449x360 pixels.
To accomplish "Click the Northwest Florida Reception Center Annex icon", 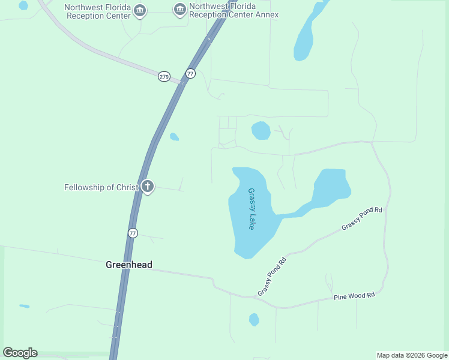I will [x=179, y=10].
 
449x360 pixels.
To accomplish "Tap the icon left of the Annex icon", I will [x=140, y=10].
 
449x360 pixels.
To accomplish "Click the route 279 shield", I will [x=164, y=76].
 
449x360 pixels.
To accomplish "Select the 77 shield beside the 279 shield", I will [x=190, y=73].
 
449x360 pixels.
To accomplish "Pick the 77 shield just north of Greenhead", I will [x=133, y=233].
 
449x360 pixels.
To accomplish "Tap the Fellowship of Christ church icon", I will [x=148, y=187].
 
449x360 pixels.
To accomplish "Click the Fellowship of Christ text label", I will [x=101, y=187].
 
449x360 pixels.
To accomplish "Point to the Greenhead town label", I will [x=129, y=265].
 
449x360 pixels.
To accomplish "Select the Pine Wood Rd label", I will [x=354, y=296].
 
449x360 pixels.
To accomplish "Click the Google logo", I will [x=20, y=353].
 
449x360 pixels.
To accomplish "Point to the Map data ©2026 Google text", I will [x=412, y=355].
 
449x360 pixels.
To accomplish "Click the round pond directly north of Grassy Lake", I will [x=261, y=130].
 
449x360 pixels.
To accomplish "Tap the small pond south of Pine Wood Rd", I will [x=254, y=319].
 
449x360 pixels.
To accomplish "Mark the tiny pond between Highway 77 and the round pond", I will [x=174, y=137].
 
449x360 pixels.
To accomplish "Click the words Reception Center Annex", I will [x=234, y=14].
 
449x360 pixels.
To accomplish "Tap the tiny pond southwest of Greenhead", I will [x=24, y=306].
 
